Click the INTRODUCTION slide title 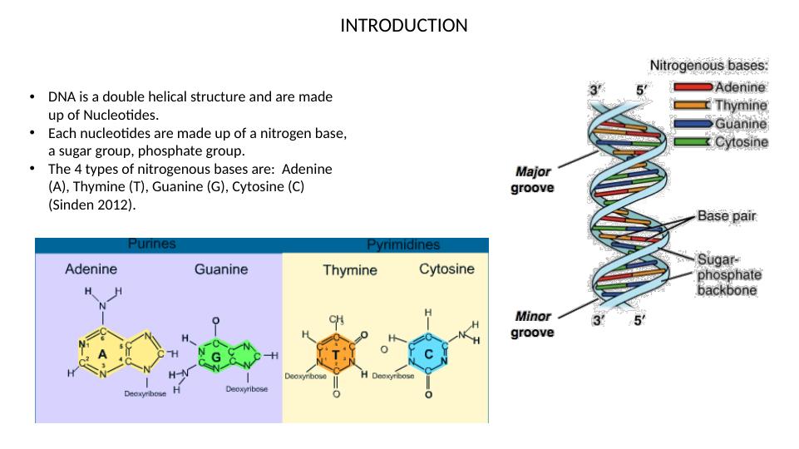click(x=404, y=26)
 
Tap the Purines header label click(x=151, y=244)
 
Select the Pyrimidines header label click(x=403, y=245)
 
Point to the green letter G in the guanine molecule click(x=215, y=356)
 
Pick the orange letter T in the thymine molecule click(x=336, y=354)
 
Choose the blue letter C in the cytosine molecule click(x=427, y=353)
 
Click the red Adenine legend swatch click(x=691, y=86)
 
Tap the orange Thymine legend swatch click(x=691, y=106)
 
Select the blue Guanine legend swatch click(x=691, y=124)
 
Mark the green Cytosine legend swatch click(x=691, y=142)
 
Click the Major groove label click(x=532, y=180)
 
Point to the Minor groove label click(x=532, y=324)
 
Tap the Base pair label click(x=726, y=216)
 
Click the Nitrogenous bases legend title click(x=708, y=65)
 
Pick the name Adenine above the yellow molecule click(x=91, y=269)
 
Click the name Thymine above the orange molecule click(x=350, y=270)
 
